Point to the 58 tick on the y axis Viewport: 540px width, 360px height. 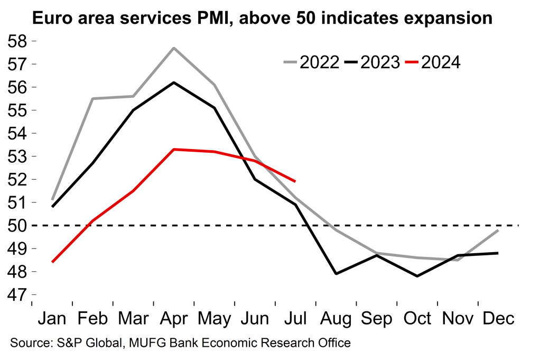pyautogui.click(x=17, y=41)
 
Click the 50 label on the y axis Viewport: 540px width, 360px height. pyautogui.click(x=17, y=226)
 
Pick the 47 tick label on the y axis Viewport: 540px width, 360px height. pyautogui.click(x=17, y=295)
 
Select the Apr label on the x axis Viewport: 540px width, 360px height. pyautogui.click(x=174, y=319)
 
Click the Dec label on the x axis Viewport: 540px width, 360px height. pyautogui.click(x=498, y=319)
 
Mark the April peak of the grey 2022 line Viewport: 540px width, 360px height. pyautogui.click(x=174, y=48)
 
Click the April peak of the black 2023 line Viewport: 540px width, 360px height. pyautogui.click(x=174, y=82)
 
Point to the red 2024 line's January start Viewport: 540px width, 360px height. pyautogui.click(x=52, y=262)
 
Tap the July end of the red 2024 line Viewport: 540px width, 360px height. pyautogui.click(x=295, y=181)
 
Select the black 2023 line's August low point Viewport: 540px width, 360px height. pyautogui.click(x=336, y=274)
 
